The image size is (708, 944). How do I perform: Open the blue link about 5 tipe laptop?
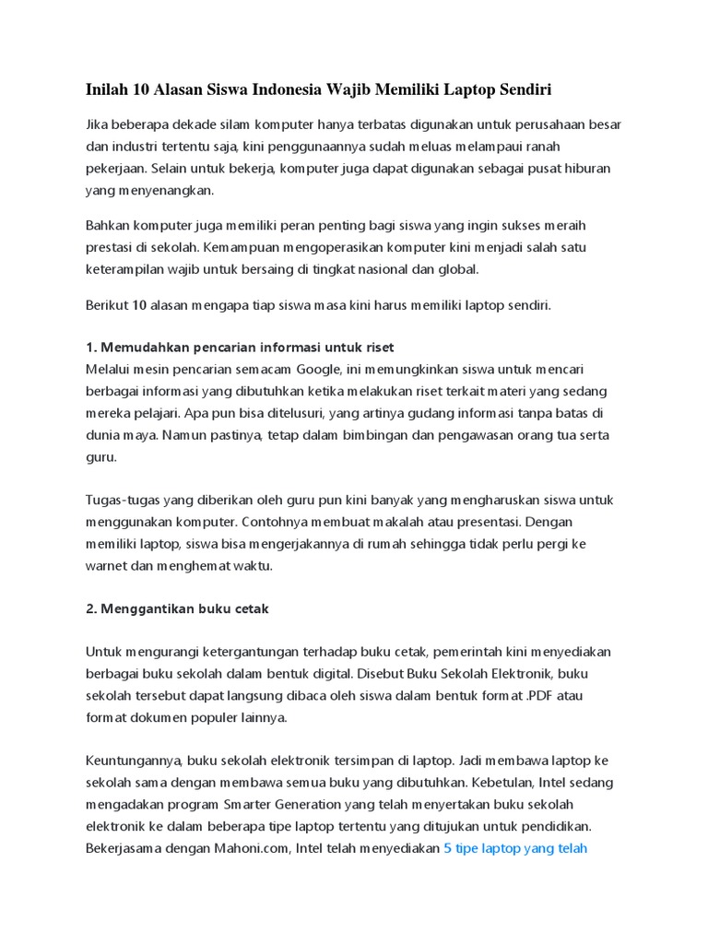(515, 849)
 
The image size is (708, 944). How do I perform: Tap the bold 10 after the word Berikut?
(139, 305)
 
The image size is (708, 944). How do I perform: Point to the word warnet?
(108, 566)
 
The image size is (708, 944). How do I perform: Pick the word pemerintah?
(476, 652)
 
